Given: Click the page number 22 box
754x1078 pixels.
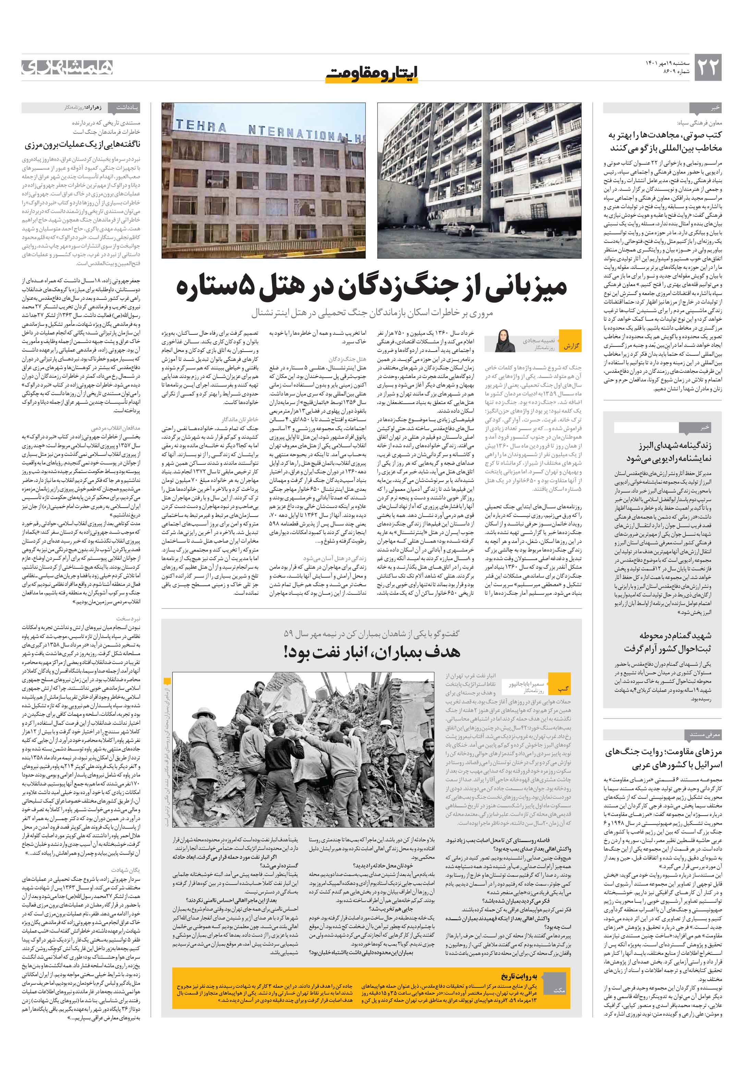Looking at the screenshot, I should tap(707, 67).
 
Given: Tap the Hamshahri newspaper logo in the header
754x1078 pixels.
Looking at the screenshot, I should tap(68, 67).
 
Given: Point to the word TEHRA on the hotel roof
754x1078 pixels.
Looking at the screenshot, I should tap(201, 126).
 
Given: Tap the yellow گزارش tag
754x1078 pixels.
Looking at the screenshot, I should tap(571, 346).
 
